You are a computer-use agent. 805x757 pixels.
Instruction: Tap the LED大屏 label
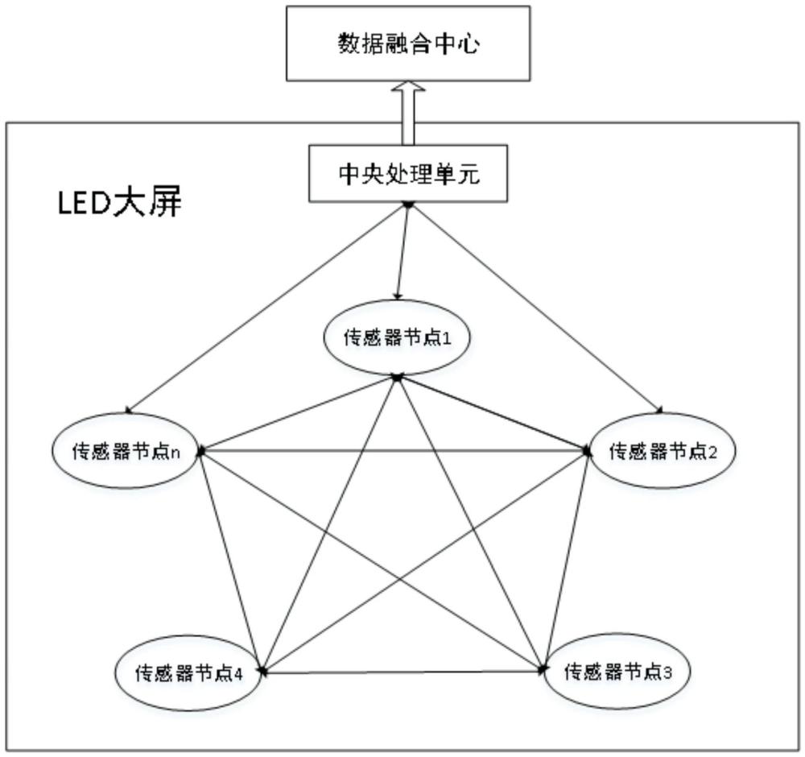(120, 204)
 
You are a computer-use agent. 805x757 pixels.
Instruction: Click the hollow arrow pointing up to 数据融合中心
(408, 113)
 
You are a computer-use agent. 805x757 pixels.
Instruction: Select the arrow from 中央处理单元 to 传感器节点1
(403, 251)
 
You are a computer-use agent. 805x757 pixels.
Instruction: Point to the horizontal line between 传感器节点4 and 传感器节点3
(403, 672)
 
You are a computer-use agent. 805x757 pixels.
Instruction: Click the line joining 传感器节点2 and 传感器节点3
(567, 560)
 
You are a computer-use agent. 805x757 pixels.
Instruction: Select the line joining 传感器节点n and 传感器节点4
(230, 561)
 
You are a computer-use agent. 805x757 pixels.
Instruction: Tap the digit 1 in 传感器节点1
(447, 338)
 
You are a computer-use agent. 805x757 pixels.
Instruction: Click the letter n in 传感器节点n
(175, 453)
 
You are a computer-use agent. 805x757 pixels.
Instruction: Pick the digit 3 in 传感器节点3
(667, 672)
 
